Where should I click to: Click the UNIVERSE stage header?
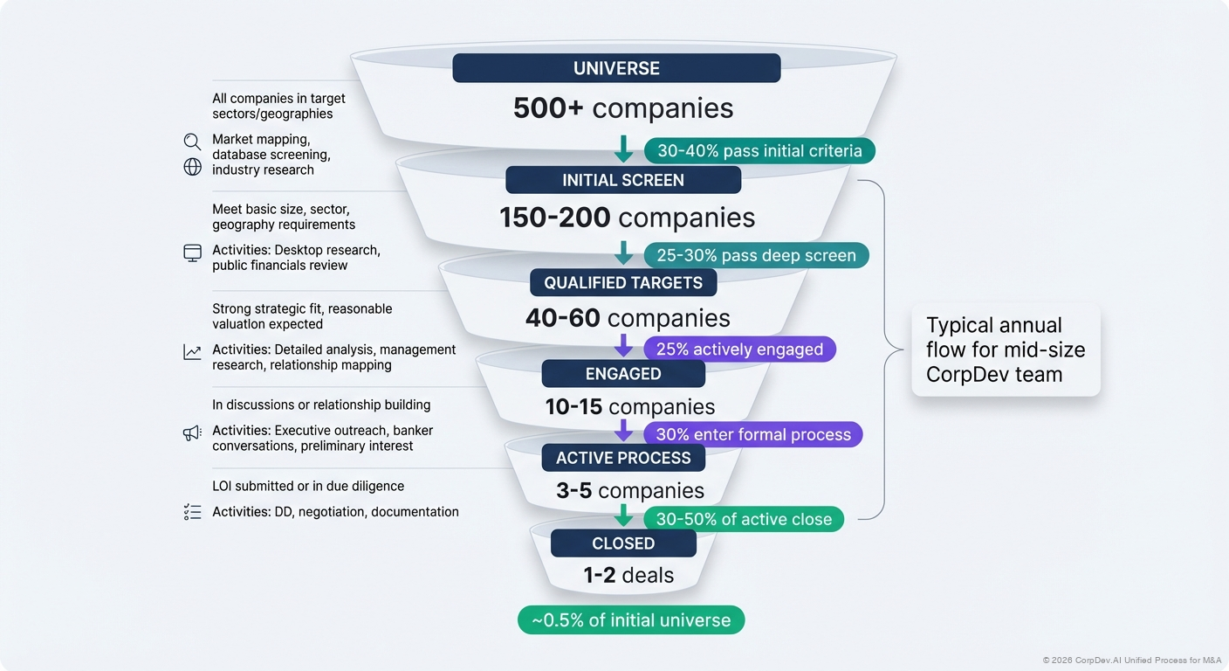[616, 68]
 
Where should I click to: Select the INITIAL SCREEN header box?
[623, 180]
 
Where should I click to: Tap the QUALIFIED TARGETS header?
[623, 282]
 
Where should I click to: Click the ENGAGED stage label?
[623, 373]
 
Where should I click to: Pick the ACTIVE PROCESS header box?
[623, 458]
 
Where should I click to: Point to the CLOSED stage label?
[623, 543]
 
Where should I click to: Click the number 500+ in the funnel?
[549, 108]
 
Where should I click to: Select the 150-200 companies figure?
[627, 218]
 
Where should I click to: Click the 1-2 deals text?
[628, 575]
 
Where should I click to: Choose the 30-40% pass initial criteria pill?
[759, 150]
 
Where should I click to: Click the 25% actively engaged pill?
[739, 349]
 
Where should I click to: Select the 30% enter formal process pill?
[752, 434]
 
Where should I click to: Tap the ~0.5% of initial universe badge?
[630, 620]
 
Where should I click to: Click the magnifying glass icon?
[192, 142]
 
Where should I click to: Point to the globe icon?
[192, 167]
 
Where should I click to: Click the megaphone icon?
[192, 432]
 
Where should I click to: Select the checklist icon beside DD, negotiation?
[192, 512]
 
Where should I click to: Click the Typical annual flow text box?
[1006, 349]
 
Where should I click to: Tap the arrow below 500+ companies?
[623, 148]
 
